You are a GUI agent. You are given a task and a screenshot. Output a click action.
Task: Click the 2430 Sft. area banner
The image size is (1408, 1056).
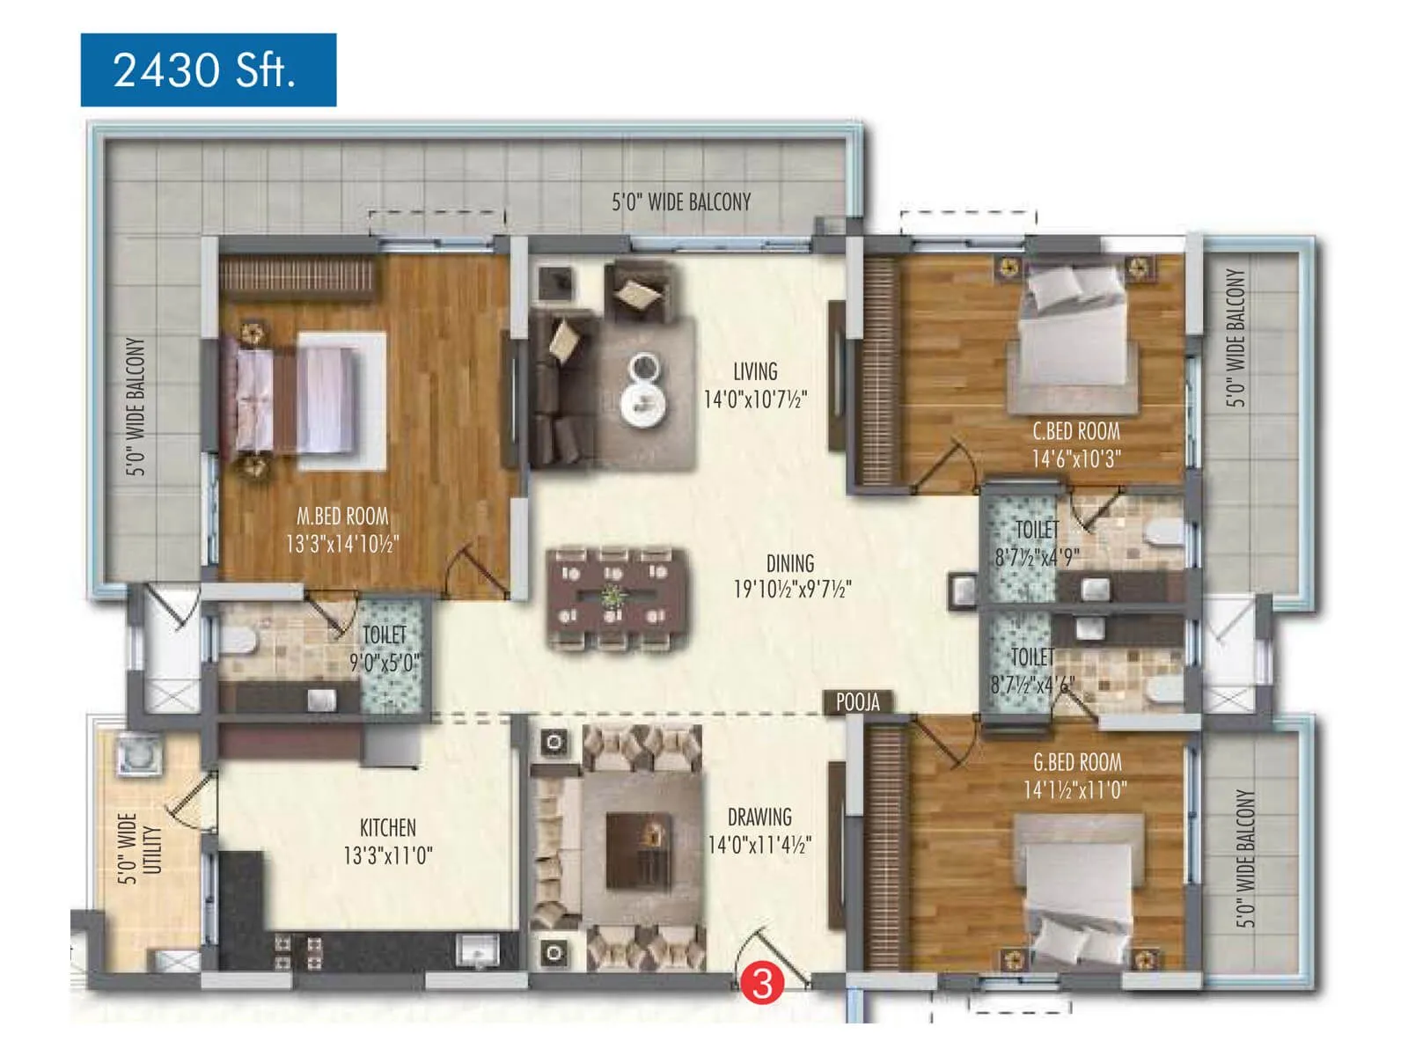coord(208,70)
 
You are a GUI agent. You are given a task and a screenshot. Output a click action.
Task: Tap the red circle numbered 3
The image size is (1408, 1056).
coord(762,983)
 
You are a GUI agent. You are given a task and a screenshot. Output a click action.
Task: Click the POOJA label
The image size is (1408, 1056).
coord(857,701)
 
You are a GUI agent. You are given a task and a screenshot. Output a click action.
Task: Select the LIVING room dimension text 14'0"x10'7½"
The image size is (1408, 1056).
coord(755,400)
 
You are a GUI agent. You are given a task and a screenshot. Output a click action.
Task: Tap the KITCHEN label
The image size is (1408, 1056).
coord(387,827)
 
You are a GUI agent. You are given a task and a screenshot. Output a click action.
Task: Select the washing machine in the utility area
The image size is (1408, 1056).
coord(139,755)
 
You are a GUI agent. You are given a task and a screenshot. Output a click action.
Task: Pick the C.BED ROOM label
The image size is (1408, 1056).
coord(1075,431)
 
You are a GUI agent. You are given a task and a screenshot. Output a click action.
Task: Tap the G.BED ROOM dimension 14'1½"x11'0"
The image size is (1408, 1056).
coord(1074,789)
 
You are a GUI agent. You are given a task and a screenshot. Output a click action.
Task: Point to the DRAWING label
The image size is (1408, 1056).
coord(759,817)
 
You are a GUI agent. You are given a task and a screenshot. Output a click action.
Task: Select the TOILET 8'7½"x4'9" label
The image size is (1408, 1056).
coord(1038,543)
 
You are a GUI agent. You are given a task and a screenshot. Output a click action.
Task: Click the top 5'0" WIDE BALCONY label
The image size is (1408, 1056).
coord(681,202)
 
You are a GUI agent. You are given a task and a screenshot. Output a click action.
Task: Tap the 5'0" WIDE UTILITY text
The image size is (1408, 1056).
coord(140,848)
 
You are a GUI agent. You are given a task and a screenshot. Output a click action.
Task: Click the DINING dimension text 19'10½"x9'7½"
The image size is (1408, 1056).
coord(792,589)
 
